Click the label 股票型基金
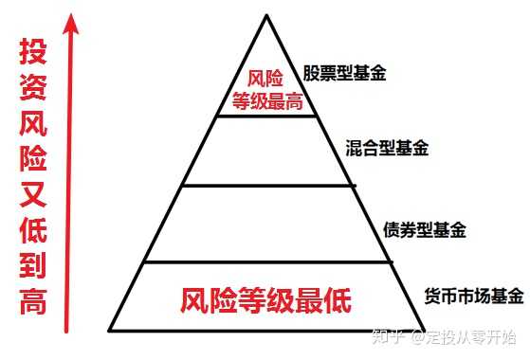click(345, 72)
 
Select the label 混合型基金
click(388, 148)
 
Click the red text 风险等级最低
click(266, 302)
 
